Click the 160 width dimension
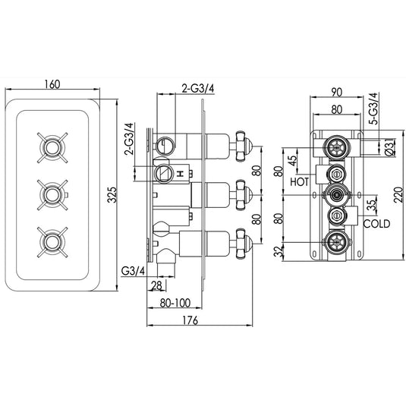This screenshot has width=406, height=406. click(x=52, y=84)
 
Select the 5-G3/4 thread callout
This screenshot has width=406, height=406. click(x=372, y=109)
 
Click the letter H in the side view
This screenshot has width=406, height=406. click(x=180, y=175)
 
